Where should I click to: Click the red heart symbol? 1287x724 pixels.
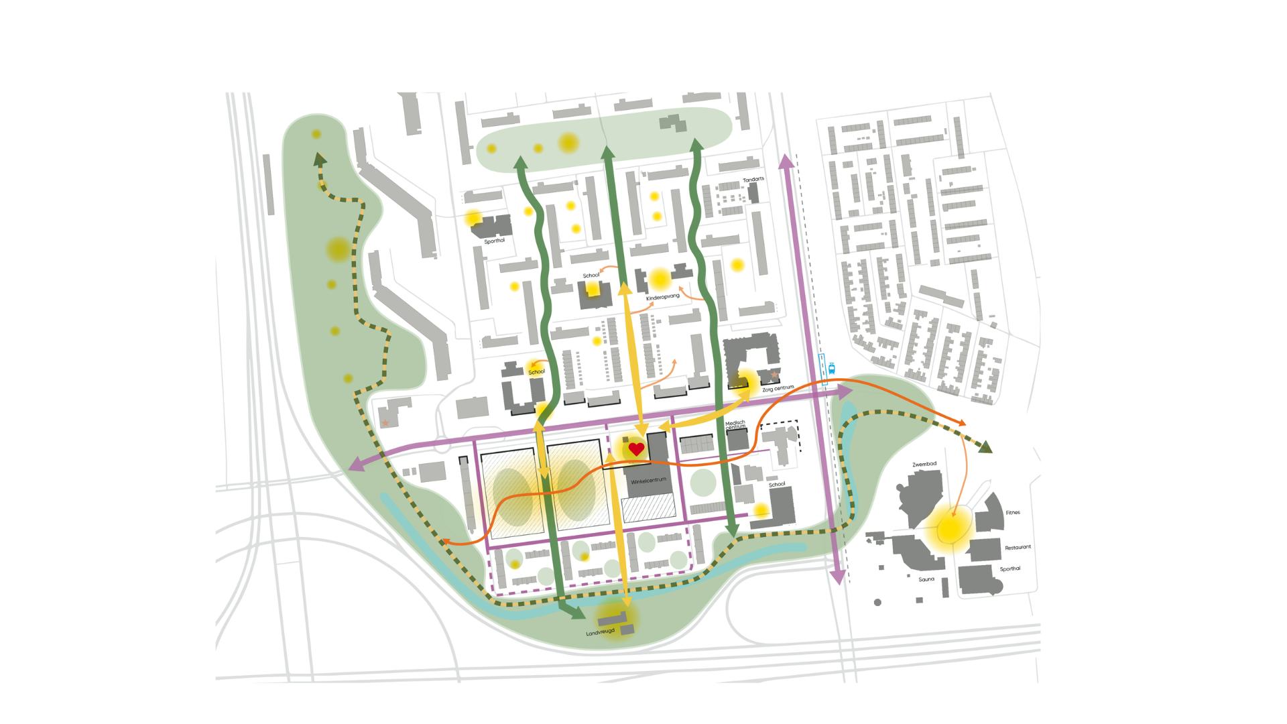pos(636,449)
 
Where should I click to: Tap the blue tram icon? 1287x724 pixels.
pos(832,367)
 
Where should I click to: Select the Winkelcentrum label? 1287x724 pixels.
pos(647,481)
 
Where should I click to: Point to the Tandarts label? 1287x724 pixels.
pos(753,180)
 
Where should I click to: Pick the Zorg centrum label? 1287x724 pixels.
pos(778,388)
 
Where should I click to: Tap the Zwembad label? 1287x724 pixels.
pos(923,463)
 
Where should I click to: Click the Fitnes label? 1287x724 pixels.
pos(1013,513)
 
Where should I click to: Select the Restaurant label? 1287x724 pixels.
pos(1018,548)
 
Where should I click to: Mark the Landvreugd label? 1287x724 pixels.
pos(601,632)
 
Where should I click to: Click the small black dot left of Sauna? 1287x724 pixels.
pos(877,603)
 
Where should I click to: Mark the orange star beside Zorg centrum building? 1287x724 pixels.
pos(774,375)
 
